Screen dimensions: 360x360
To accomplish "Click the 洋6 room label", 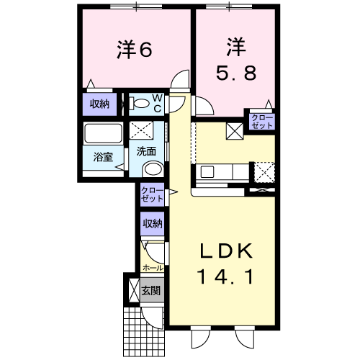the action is [135, 50].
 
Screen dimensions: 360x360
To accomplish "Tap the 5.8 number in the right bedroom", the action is [236, 73].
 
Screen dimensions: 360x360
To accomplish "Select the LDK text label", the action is [227, 251].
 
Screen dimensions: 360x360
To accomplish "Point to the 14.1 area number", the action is [225, 276].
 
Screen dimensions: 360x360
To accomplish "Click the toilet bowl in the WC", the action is [141, 104].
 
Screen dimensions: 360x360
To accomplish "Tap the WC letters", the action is [158, 103].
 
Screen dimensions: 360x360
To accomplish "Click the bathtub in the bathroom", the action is [103, 133].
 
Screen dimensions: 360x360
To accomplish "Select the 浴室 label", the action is [103, 157].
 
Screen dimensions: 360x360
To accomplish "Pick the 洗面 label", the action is [146, 151].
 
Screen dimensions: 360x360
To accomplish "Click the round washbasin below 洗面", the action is [153, 169].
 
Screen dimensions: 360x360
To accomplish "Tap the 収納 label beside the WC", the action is [99, 104].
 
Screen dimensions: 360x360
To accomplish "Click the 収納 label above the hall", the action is [153, 224].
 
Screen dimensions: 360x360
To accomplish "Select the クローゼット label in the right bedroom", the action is [262, 122].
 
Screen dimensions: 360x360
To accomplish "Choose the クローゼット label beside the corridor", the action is [153, 194].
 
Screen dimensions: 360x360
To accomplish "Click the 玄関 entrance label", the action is [150, 291].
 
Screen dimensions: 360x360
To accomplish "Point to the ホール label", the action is [153, 268].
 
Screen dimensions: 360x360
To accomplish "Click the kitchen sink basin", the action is [207, 172].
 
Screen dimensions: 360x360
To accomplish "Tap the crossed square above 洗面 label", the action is [141, 130].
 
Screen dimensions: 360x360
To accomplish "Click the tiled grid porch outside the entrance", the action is [144, 332].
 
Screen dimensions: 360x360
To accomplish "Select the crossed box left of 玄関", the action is [134, 291].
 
